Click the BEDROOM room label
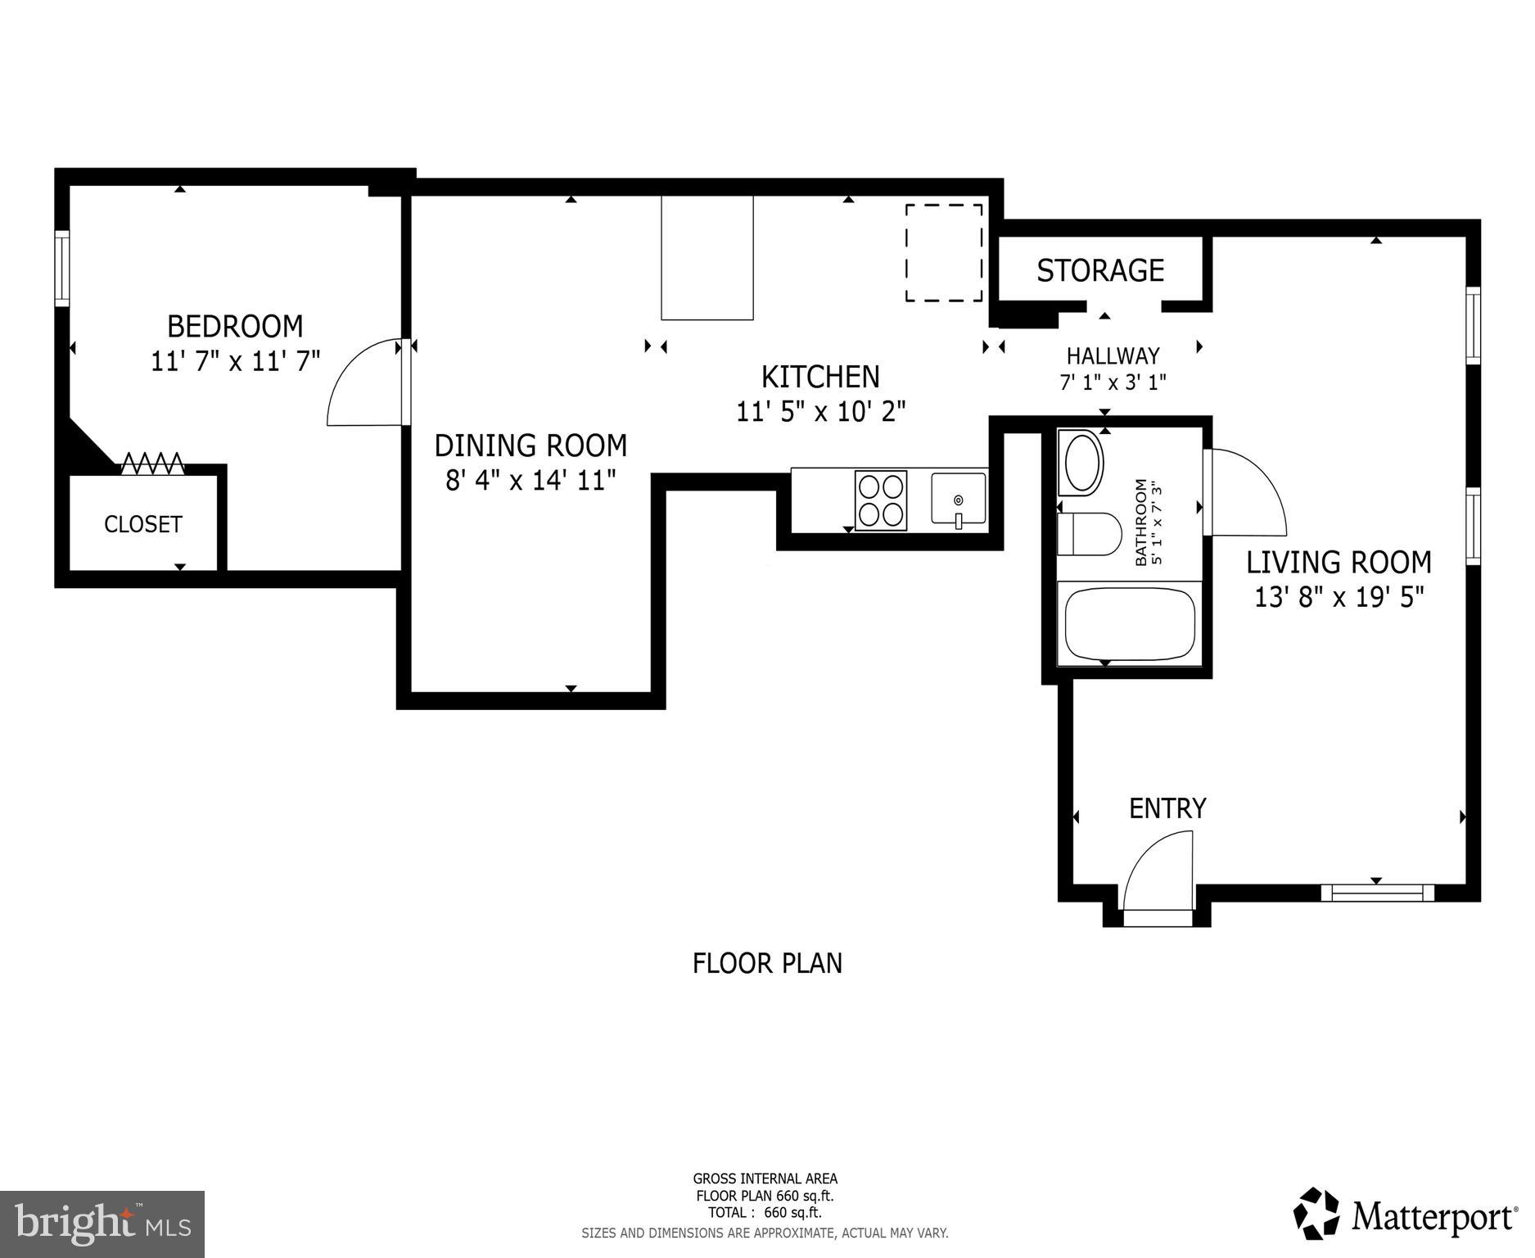(235, 326)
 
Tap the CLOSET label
(142, 524)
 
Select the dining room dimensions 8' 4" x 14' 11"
(530, 480)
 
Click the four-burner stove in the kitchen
(881, 500)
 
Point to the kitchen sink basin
(958, 498)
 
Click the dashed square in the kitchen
(943, 253)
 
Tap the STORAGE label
(1100, 270)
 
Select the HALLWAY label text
(1113, 355)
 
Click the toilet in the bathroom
(1088, 534)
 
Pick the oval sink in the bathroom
(1081, 463)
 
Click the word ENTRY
(1167, 808)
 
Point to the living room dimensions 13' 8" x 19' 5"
(1339, 598)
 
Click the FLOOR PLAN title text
(767, 963)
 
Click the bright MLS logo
(102, 1224)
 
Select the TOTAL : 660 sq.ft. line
(765, 1213)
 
